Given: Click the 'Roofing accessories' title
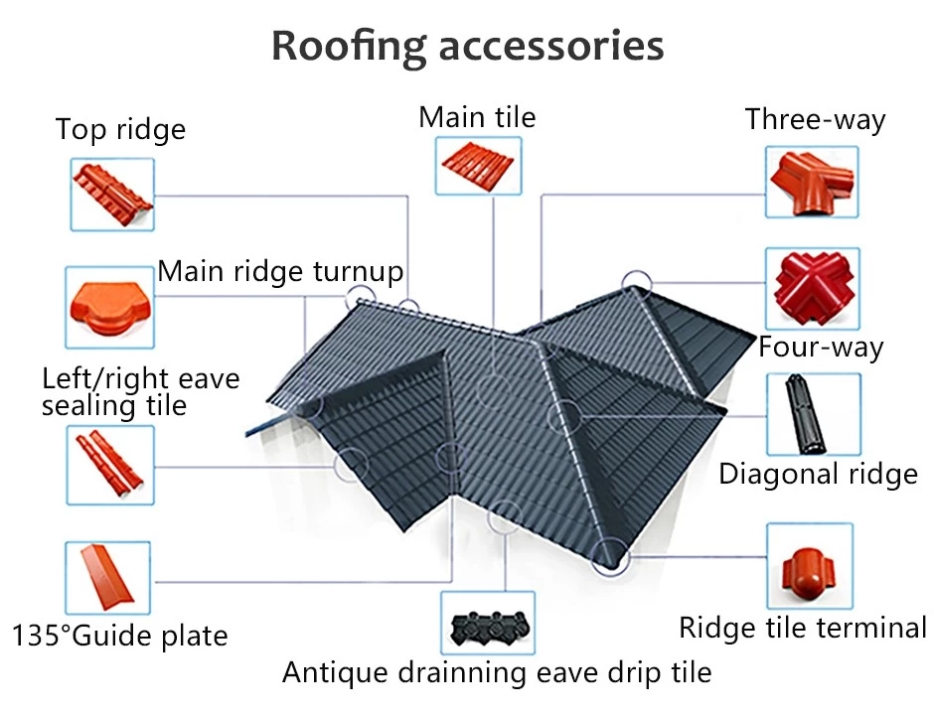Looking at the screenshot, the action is [x=468, y=47].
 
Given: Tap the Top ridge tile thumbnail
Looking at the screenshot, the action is [x=112, y=195].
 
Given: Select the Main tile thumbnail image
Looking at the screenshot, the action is [x=478, y=166].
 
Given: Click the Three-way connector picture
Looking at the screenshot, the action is [x=812, y=182].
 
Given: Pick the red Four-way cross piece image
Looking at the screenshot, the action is [x=813, y=289].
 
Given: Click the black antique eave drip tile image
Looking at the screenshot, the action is [x=488, y=624].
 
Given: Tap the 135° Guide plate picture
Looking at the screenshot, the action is [x=107, y=577].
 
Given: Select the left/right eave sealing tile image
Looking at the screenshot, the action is [x=110, y=465].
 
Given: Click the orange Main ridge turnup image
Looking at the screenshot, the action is [x=109, y=308].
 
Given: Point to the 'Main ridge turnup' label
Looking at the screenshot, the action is [x=280, y=272].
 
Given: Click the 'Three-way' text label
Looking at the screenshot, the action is [x=815, y=120].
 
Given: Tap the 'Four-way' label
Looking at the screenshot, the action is [x=821, y=348].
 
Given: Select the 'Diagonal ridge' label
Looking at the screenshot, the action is [x=818, y=475].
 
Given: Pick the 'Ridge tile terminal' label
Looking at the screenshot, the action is [x=803, y=628].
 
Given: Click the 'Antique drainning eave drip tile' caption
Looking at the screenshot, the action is [x=497, y=673].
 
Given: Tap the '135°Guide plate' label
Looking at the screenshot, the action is [x=120, y=636].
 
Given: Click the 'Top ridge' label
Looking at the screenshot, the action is [x=120, y=130].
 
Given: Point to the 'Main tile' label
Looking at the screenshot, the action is [x=477, y=117].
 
